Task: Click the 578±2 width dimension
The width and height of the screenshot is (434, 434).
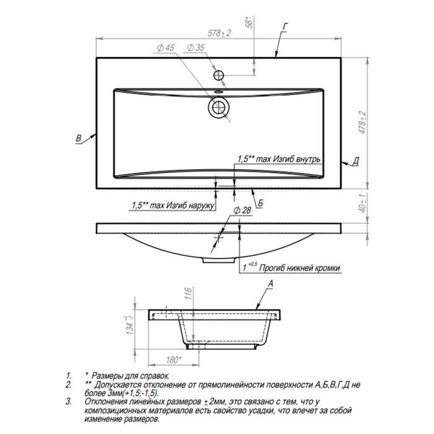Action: [219, 33]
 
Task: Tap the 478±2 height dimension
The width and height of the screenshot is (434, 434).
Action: [362, 123]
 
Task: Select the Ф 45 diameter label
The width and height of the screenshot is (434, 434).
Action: [166, 48]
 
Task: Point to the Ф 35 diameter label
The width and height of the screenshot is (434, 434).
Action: [195, 48]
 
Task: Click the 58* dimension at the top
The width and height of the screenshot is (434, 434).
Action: [249, 22]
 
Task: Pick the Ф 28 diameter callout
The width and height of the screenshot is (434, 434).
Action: [242, 211]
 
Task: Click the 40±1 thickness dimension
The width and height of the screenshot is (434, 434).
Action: [362, 203]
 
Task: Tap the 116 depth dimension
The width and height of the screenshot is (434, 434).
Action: [188, 293]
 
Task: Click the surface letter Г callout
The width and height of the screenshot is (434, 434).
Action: [285, 27]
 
